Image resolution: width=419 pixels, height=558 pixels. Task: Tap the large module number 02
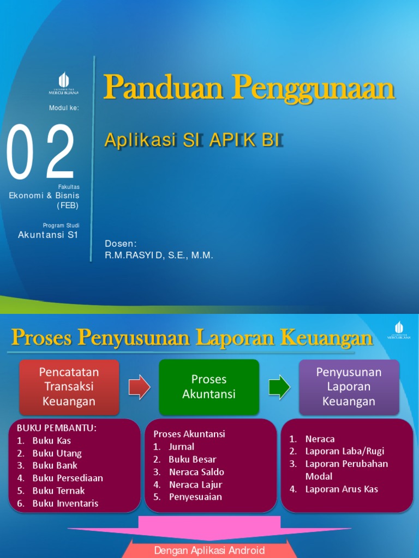[41, 153]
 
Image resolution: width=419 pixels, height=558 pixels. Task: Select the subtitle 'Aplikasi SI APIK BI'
[194, 140]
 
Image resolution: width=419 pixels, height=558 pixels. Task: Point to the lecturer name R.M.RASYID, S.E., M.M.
[159, 256]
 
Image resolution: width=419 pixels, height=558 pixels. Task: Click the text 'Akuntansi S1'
[48, 235]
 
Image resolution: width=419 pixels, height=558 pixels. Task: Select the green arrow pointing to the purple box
[280, 387]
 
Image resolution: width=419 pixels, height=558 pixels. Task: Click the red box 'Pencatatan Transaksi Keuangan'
[69, 387]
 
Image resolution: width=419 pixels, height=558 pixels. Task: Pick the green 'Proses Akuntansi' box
[209, 387]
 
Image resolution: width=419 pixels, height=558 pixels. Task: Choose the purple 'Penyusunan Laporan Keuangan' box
[349, 387]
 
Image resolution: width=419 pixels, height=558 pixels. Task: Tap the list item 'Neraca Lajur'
[195, 484]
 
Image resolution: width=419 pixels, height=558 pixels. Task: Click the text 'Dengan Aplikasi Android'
[209, 550]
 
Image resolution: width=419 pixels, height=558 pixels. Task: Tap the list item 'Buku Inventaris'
[65, 503]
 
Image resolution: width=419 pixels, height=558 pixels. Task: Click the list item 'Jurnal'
[181, 447]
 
